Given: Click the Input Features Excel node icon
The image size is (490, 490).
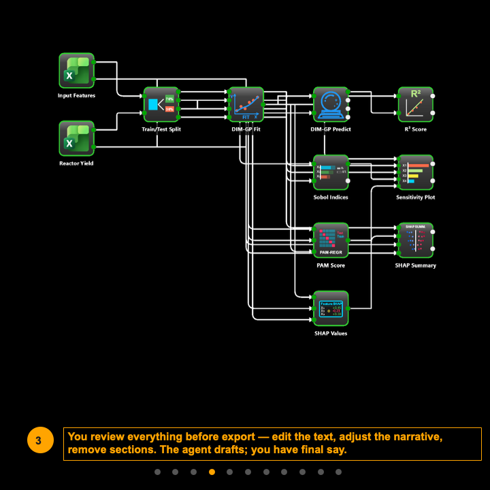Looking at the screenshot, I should click(76, 70).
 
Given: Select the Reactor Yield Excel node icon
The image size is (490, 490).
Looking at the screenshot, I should click(76, 138).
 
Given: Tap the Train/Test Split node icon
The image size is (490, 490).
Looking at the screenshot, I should click(161, 104).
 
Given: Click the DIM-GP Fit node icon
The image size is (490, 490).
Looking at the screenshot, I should click(246, 104).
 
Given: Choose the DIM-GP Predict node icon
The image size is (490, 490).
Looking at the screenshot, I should click(331, 104).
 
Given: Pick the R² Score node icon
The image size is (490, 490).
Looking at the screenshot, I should click(415, 104).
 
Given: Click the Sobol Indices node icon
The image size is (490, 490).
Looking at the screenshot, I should click(331, 172).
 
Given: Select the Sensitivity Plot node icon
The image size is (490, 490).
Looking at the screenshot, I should click(415, 172).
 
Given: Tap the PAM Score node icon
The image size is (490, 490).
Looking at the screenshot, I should click(331, 240).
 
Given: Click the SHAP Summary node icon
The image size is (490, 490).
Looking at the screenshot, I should click(415, 240).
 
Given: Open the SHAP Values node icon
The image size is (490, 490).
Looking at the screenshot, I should click(331, 308).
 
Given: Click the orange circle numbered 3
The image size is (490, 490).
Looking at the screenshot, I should click(38, 441).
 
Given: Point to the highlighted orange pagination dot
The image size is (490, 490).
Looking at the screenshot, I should click(212, 472).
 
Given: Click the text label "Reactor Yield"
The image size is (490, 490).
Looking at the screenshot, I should click(76, 163).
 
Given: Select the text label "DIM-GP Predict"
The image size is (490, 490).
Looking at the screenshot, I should click(331, 129).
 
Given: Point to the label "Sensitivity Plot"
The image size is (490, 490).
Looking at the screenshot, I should click(415, 197).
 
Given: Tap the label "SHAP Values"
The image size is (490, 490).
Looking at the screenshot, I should click(331, 333).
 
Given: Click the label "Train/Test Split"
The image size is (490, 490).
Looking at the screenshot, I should click(161, 129).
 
